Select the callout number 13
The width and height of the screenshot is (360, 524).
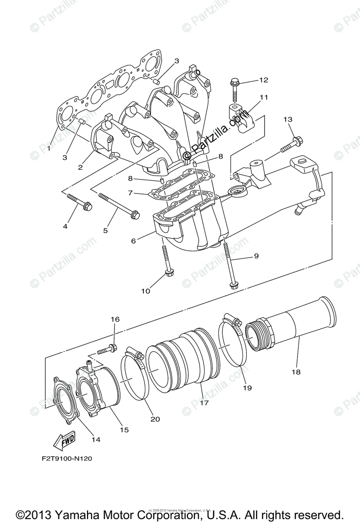pos(287,119)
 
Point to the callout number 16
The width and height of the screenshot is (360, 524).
pos(114,320)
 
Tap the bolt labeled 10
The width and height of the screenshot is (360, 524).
pos(167,262)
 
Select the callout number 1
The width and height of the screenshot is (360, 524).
pos(49,148)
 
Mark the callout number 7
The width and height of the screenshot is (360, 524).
pos(130,193)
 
